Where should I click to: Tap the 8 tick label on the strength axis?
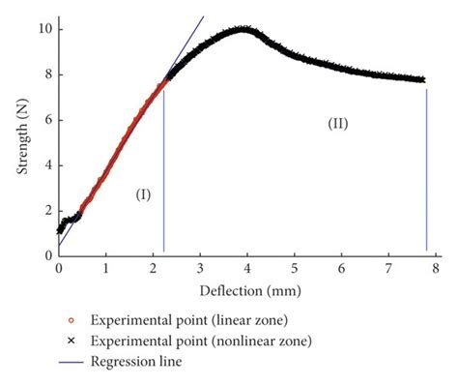point(46,74)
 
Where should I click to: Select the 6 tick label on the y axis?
point(46,120)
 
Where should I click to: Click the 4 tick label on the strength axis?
point(46,165)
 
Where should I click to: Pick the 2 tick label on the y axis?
point(46,211)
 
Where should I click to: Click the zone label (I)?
point(143,195)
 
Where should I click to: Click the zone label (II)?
point(337,124)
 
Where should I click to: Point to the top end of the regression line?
point(204,16)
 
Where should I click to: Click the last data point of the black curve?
point(424,80)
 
